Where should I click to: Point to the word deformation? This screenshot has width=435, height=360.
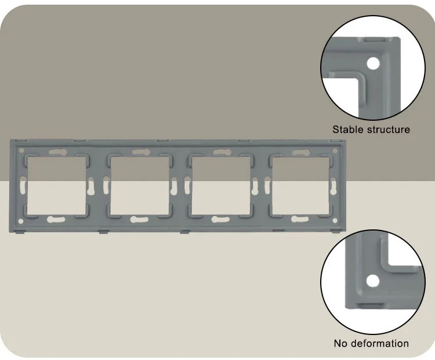click(380, 343)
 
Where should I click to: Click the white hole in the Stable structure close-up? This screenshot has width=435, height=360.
click(373, 64)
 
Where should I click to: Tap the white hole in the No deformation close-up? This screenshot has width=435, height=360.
click(372, 281)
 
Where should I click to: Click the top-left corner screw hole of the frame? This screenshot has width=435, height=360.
click(21, 150)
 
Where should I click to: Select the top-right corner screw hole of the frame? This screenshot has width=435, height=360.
click(335, 151)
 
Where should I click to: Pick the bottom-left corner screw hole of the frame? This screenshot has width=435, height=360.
click(21, 221)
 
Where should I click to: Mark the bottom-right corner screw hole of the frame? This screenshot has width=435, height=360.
click(335, 221)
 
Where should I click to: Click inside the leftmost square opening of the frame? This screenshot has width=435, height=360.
click(57, 186)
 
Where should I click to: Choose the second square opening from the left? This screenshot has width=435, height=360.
click(140, 186)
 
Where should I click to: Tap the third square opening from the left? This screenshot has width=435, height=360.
click(221, 186)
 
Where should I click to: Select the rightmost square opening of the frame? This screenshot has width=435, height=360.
click(300, 186)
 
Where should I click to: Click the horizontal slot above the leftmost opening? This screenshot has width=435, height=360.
click(57, 152)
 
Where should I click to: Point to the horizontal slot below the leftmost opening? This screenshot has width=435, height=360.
click(56, 219)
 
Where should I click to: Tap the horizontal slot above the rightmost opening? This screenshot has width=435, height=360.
click(301, 152)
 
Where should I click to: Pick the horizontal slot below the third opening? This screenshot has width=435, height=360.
click(220, 219)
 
